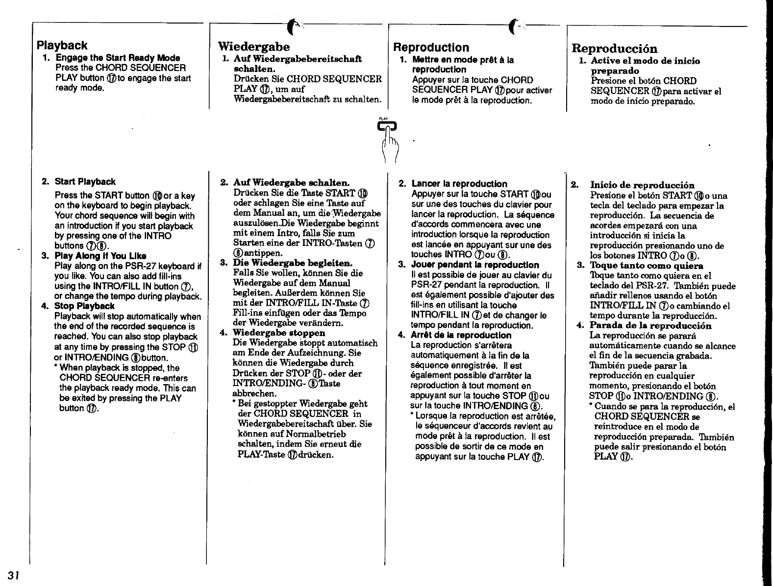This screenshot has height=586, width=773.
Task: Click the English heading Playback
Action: [62, 46]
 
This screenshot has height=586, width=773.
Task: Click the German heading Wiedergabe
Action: [253, 47]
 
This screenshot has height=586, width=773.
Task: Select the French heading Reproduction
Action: [431, 48]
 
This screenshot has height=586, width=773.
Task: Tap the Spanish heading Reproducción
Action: [614, 49]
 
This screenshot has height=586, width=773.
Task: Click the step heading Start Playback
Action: [85, 182]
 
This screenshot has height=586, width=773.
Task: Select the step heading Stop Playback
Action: [84, 306]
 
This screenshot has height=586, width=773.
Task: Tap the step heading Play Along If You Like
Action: [100, 256]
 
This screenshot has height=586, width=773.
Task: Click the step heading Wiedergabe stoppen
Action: [279, 333]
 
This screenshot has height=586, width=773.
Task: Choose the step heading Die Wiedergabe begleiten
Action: [293, 263]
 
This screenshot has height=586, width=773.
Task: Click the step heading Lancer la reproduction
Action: [459, 184]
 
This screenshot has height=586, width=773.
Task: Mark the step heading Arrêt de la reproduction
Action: [461, 335]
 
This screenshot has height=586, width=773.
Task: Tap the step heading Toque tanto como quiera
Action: [647, 266]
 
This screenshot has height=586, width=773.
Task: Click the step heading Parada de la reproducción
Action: [650, 326]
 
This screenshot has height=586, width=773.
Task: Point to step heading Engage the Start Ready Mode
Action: [118, 58]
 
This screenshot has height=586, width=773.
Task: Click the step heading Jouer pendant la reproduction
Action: [475, 265]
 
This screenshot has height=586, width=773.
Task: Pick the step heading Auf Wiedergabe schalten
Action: [291, 182]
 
